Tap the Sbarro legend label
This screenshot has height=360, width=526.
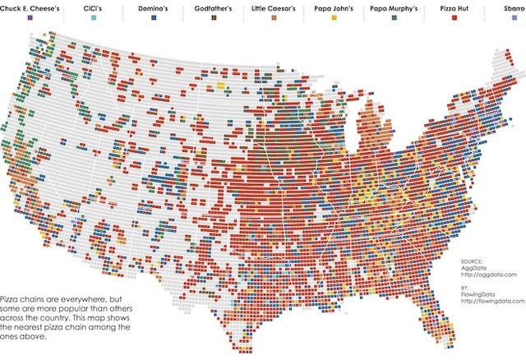514,7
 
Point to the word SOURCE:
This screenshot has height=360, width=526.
474,261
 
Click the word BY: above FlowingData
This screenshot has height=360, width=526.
466,288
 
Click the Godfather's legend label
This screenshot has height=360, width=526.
218,7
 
